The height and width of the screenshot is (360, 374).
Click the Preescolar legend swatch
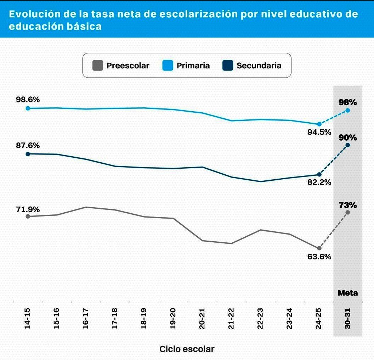tap(97, 66)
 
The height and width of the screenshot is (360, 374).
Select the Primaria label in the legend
tap(193, 66)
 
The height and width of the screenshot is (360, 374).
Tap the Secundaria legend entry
tap(259, 66)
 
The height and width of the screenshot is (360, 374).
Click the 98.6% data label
tap(28, 100)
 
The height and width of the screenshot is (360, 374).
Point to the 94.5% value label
tap(319, 132)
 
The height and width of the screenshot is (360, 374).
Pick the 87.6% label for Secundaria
tap(28, 146)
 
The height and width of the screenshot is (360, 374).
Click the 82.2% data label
tap(319, 182)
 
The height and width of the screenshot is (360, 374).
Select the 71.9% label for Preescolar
tap(28, 209)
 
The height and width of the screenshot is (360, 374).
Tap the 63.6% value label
tap(319, 257)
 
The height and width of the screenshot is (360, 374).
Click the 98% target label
tap(347, 102)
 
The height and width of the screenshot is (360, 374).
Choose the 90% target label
tap(347, 137)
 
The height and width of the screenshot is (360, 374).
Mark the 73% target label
tap(347, 206)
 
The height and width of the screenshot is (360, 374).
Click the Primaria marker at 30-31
tap(348, 111)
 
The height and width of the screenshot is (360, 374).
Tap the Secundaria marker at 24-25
tap(319, 175)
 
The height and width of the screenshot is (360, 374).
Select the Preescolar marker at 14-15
tap(28, 216)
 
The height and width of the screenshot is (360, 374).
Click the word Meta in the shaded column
tap(347, 293)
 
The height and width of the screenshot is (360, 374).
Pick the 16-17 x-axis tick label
tap(86, 320)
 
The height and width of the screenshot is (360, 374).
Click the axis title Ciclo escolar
tap(187, 349)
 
